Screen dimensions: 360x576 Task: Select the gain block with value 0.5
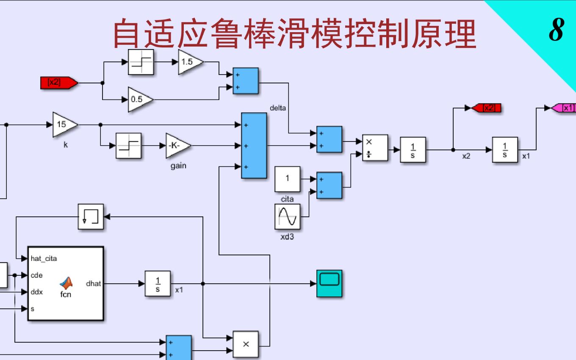(139, 100)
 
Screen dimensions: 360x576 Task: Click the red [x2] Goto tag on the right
(486, 108)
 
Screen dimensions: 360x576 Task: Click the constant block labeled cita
(287, 179)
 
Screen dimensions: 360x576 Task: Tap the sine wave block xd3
(287, 216)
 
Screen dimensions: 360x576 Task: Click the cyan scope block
(329, 283)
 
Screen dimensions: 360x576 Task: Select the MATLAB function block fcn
(66, 283)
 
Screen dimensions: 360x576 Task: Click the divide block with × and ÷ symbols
(375, 148)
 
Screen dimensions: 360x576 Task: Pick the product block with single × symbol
(246, 344)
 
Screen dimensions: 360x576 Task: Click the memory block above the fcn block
(91, 216)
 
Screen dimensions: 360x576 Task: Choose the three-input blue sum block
(254, 146)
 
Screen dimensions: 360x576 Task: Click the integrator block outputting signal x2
(413, 150)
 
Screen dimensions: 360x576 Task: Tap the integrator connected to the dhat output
(158, 283)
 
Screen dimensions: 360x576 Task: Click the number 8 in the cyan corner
(557, 30)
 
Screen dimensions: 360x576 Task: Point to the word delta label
(278, 108)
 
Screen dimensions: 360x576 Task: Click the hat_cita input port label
(44, 258)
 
